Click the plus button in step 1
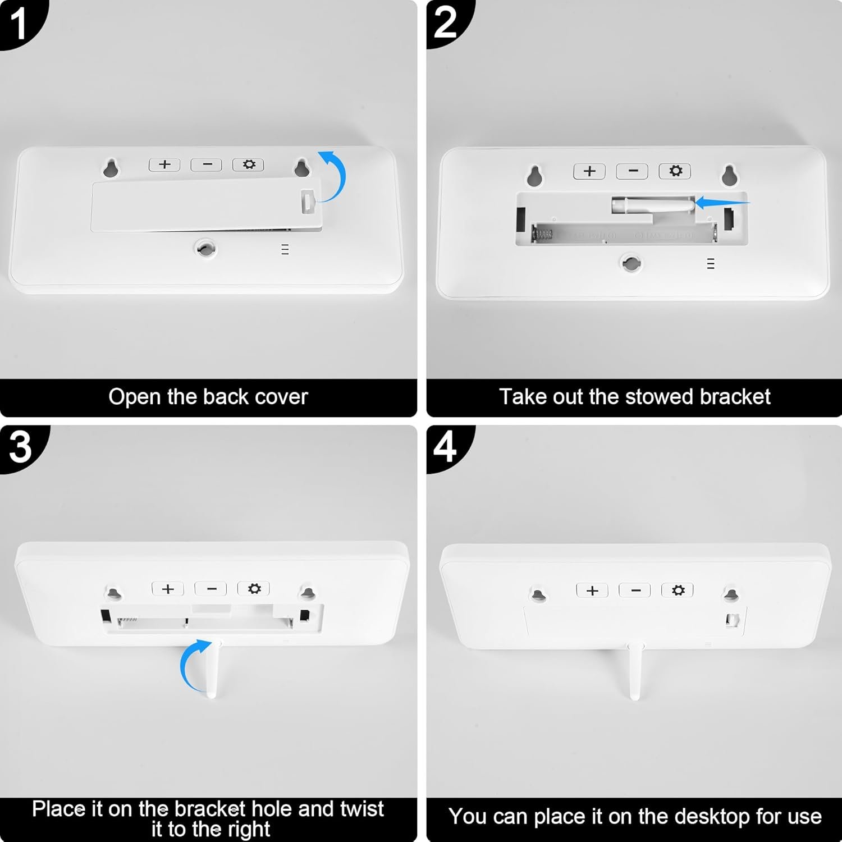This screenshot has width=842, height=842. coord(164,164)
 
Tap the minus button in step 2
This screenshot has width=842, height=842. coord(633,171)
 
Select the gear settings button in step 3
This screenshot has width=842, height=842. coord(254,588)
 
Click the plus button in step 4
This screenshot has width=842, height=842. coord(592,591)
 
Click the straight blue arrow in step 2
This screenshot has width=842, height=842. coord(722,203)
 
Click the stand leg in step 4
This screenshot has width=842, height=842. coord(635,671)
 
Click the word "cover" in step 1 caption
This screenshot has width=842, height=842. coord(281,397)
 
